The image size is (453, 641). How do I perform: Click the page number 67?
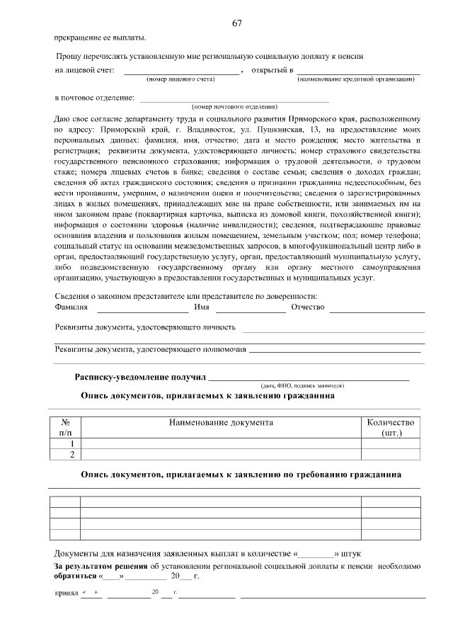(x=237, y=23)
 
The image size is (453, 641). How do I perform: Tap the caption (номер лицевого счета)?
(x=180, y=79)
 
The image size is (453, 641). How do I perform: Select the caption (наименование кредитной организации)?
(x=356, y=79)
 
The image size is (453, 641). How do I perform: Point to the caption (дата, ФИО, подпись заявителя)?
(x=311, y=385)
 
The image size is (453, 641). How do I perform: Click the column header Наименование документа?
(x=221, y=422)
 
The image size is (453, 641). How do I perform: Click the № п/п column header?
(x=65, y=427)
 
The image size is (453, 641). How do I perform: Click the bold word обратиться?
(x=76, y=576)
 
